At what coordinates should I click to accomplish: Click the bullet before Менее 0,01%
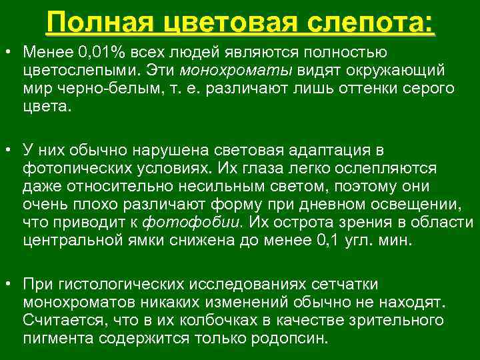8,52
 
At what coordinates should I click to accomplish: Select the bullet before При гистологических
8,284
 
